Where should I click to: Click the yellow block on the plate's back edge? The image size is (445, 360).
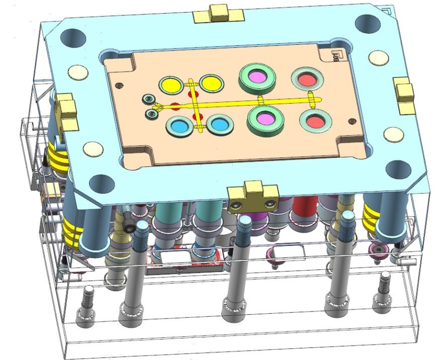click(216, 14)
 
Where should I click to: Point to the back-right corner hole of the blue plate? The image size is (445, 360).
click(366, 23)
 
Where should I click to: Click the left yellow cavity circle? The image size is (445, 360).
click(171, 84)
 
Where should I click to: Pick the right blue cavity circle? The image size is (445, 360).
click(219, 124)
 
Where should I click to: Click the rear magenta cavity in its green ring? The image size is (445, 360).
click(258, 76)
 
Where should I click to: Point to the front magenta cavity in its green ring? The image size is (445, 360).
click(266, 118)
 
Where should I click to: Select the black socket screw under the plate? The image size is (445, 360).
click(129, 226)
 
